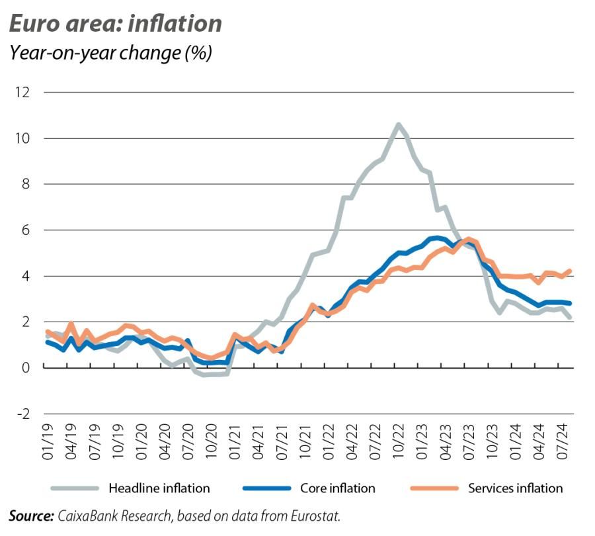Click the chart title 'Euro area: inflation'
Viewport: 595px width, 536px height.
tap(115, 24)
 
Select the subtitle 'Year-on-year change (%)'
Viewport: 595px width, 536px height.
tap(110, 53)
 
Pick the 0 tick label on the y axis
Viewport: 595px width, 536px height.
tap(26, 368)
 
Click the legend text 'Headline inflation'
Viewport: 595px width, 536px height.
tap(159, 489)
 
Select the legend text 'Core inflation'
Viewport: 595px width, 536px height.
tap(337, 489)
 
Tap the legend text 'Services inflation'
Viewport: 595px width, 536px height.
tap(515, 489)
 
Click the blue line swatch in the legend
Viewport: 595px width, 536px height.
tap(266, 489)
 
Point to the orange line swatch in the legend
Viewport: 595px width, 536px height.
tap(434, 489)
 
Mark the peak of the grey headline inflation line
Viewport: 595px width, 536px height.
tap(398, 124)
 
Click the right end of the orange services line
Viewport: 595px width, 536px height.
tap(570, 271)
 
